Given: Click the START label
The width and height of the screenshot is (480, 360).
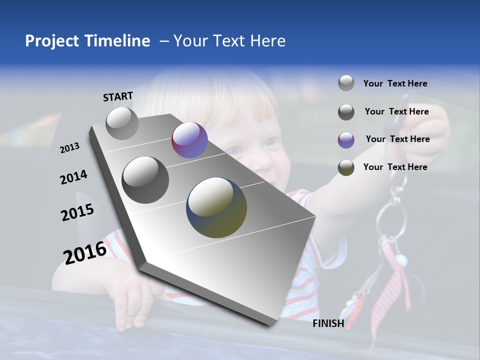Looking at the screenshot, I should tap(118, 96).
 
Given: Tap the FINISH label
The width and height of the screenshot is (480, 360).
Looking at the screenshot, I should tap(328, 323).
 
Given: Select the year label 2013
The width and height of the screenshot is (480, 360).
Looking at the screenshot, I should tap(69, 147).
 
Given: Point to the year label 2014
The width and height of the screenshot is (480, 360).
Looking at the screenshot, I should tap(73, 177).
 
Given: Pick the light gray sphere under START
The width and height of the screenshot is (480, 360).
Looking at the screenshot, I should tap(122, 123).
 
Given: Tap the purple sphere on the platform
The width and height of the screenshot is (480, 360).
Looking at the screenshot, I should tap(189, 140).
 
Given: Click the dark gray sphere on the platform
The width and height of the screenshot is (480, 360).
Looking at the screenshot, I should tap(145, 180).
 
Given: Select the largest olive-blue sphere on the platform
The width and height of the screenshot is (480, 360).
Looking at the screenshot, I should tap(216, 207).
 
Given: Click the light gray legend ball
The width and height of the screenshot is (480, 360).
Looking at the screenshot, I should tap(346, 83).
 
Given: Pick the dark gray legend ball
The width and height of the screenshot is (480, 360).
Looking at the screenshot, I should tap(346, 112).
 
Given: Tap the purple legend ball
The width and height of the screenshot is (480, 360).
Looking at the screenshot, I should tap(346, 140).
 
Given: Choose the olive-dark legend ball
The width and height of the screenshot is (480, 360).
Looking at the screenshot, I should tap(346, 167).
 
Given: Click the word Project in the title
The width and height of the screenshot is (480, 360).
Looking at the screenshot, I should tap(52, 41).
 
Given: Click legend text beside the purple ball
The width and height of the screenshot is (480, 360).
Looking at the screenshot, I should tap(397, 139).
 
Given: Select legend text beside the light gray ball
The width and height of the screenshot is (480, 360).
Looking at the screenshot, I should tap(395, 83).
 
